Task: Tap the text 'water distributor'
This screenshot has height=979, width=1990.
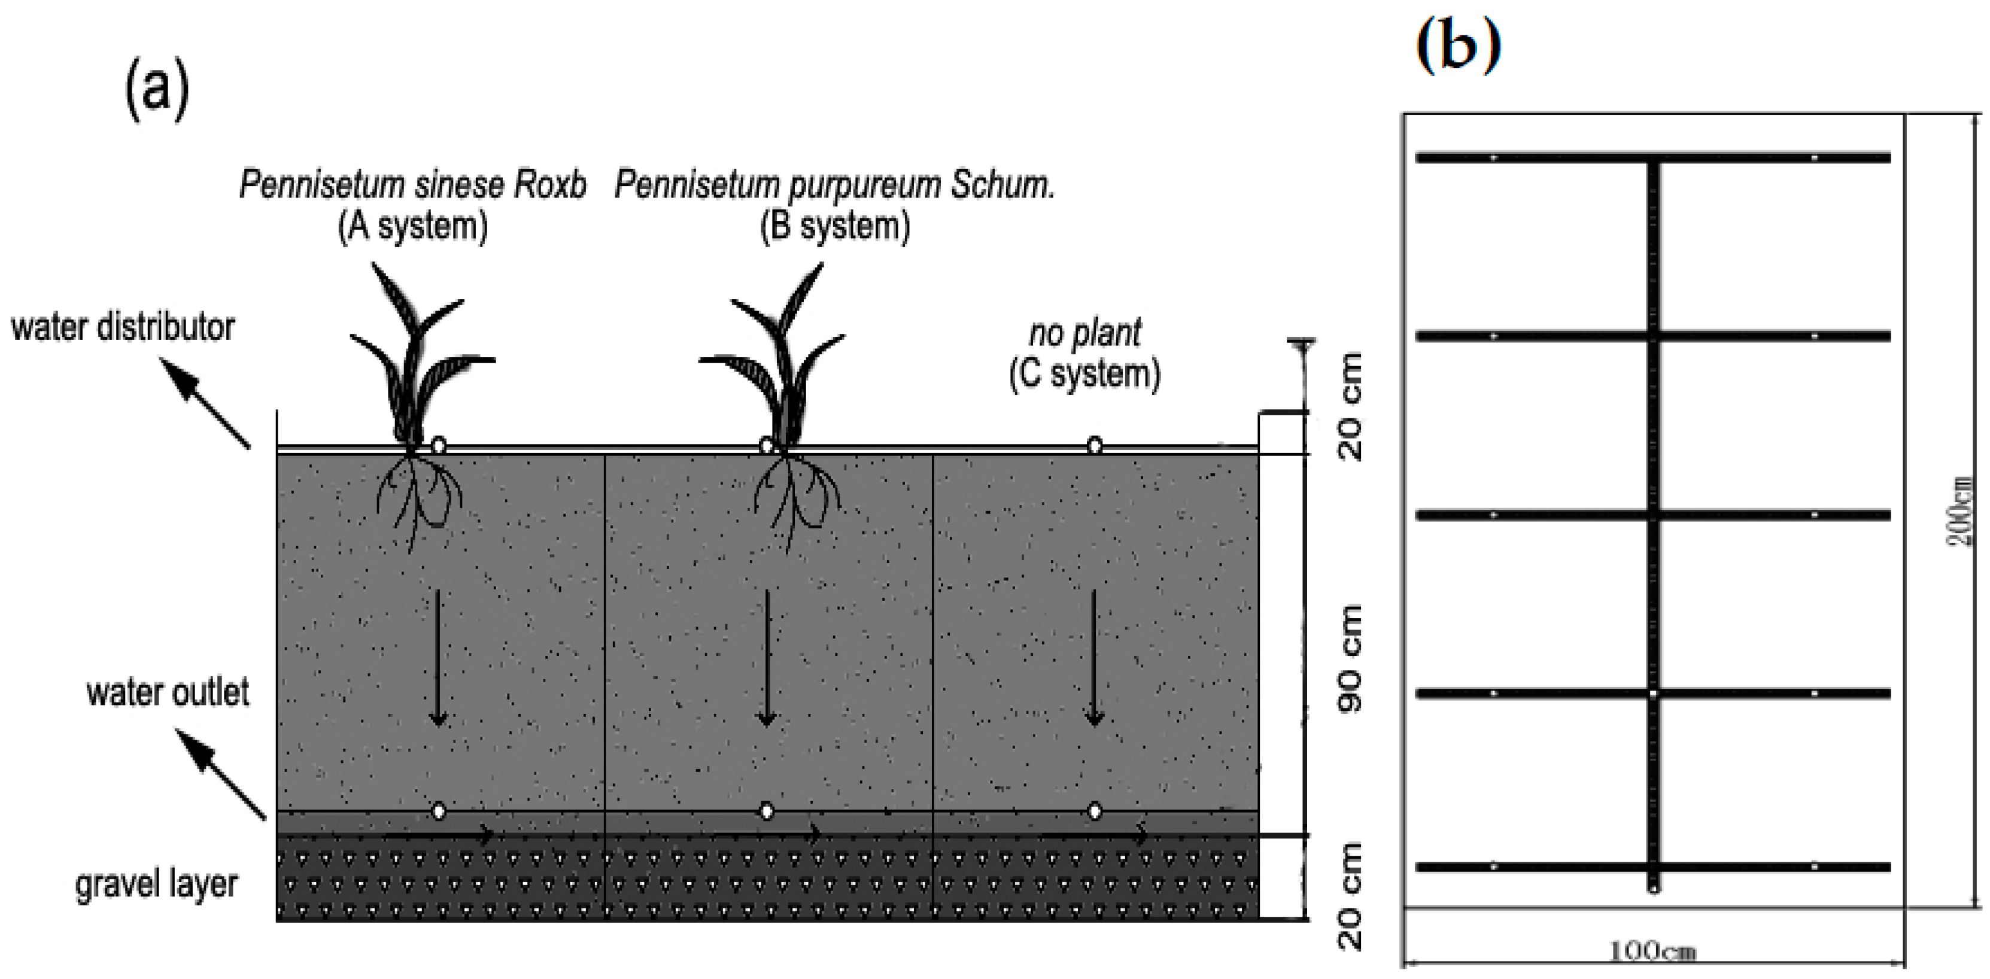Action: pyautogui.click(x=123, y=327)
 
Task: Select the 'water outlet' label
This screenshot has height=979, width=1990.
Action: pyautogui.click(x=168, y=692)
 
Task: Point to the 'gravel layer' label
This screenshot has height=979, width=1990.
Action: pyautogui.click(x=156, y=884)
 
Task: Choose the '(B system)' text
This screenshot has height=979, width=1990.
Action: pyautogui.click(x=834, y=226)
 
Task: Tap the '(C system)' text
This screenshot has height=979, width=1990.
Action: pyautogui.click(x=1084, y=374)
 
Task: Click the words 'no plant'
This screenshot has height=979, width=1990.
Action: pyautogui.click(x=1084, y=333)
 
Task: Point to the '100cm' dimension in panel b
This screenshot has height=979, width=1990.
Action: pyautogui.click(x=1652, y=950)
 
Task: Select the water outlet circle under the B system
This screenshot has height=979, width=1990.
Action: pyautogui.click(x=766, y=811)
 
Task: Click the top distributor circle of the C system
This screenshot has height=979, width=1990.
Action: pyautogui.click(x=1095, y=445)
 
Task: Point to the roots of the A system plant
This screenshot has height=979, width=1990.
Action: pyautogui.click(x=417, y=498)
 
